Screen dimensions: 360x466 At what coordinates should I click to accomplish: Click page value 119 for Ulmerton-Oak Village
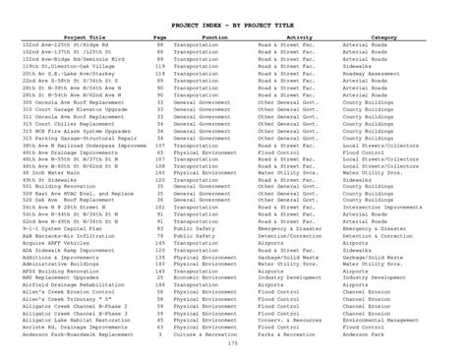[x=159, y=65]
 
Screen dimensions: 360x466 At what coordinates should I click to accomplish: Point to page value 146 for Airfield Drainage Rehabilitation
[x=159, y=284]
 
